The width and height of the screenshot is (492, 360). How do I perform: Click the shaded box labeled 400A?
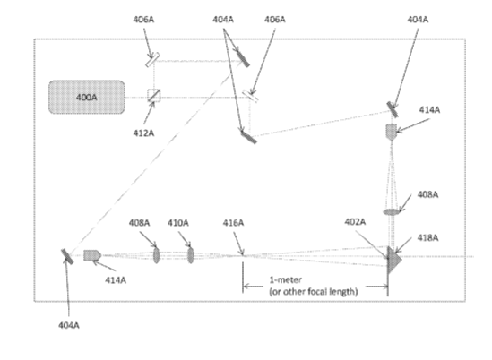[x=87, y=97]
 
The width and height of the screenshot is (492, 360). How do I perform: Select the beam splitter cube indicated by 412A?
[x=154, y=95]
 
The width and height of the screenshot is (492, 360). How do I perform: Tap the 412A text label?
[x=143, y=133]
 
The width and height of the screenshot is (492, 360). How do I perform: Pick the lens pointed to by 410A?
[x=191, y=255]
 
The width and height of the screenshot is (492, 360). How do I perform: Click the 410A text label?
[x=178, y=223]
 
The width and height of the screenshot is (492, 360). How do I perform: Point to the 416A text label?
[x=233, y=223]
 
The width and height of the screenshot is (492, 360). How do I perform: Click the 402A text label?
[x=355, y=222]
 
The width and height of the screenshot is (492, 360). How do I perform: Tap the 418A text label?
[x=427, y=237]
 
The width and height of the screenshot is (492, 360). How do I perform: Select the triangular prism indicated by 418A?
[x=393, y=260]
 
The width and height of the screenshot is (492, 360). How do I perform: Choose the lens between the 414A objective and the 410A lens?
[x=156, y=255]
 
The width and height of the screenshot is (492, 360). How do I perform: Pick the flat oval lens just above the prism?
[x=392, y=212]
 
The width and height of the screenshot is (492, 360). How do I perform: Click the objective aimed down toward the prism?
[x=392, y=132]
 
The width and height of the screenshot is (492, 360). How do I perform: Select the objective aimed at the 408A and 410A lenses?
[x=92, y=255]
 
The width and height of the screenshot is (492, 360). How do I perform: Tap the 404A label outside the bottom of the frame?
[x=69, y=325]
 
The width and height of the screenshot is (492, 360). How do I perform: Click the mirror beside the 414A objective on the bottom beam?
[x=67, y=256]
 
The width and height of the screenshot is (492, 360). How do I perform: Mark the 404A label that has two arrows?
[x=223, y=20]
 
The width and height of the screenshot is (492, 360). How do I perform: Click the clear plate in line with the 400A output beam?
[x=250, y=96]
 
